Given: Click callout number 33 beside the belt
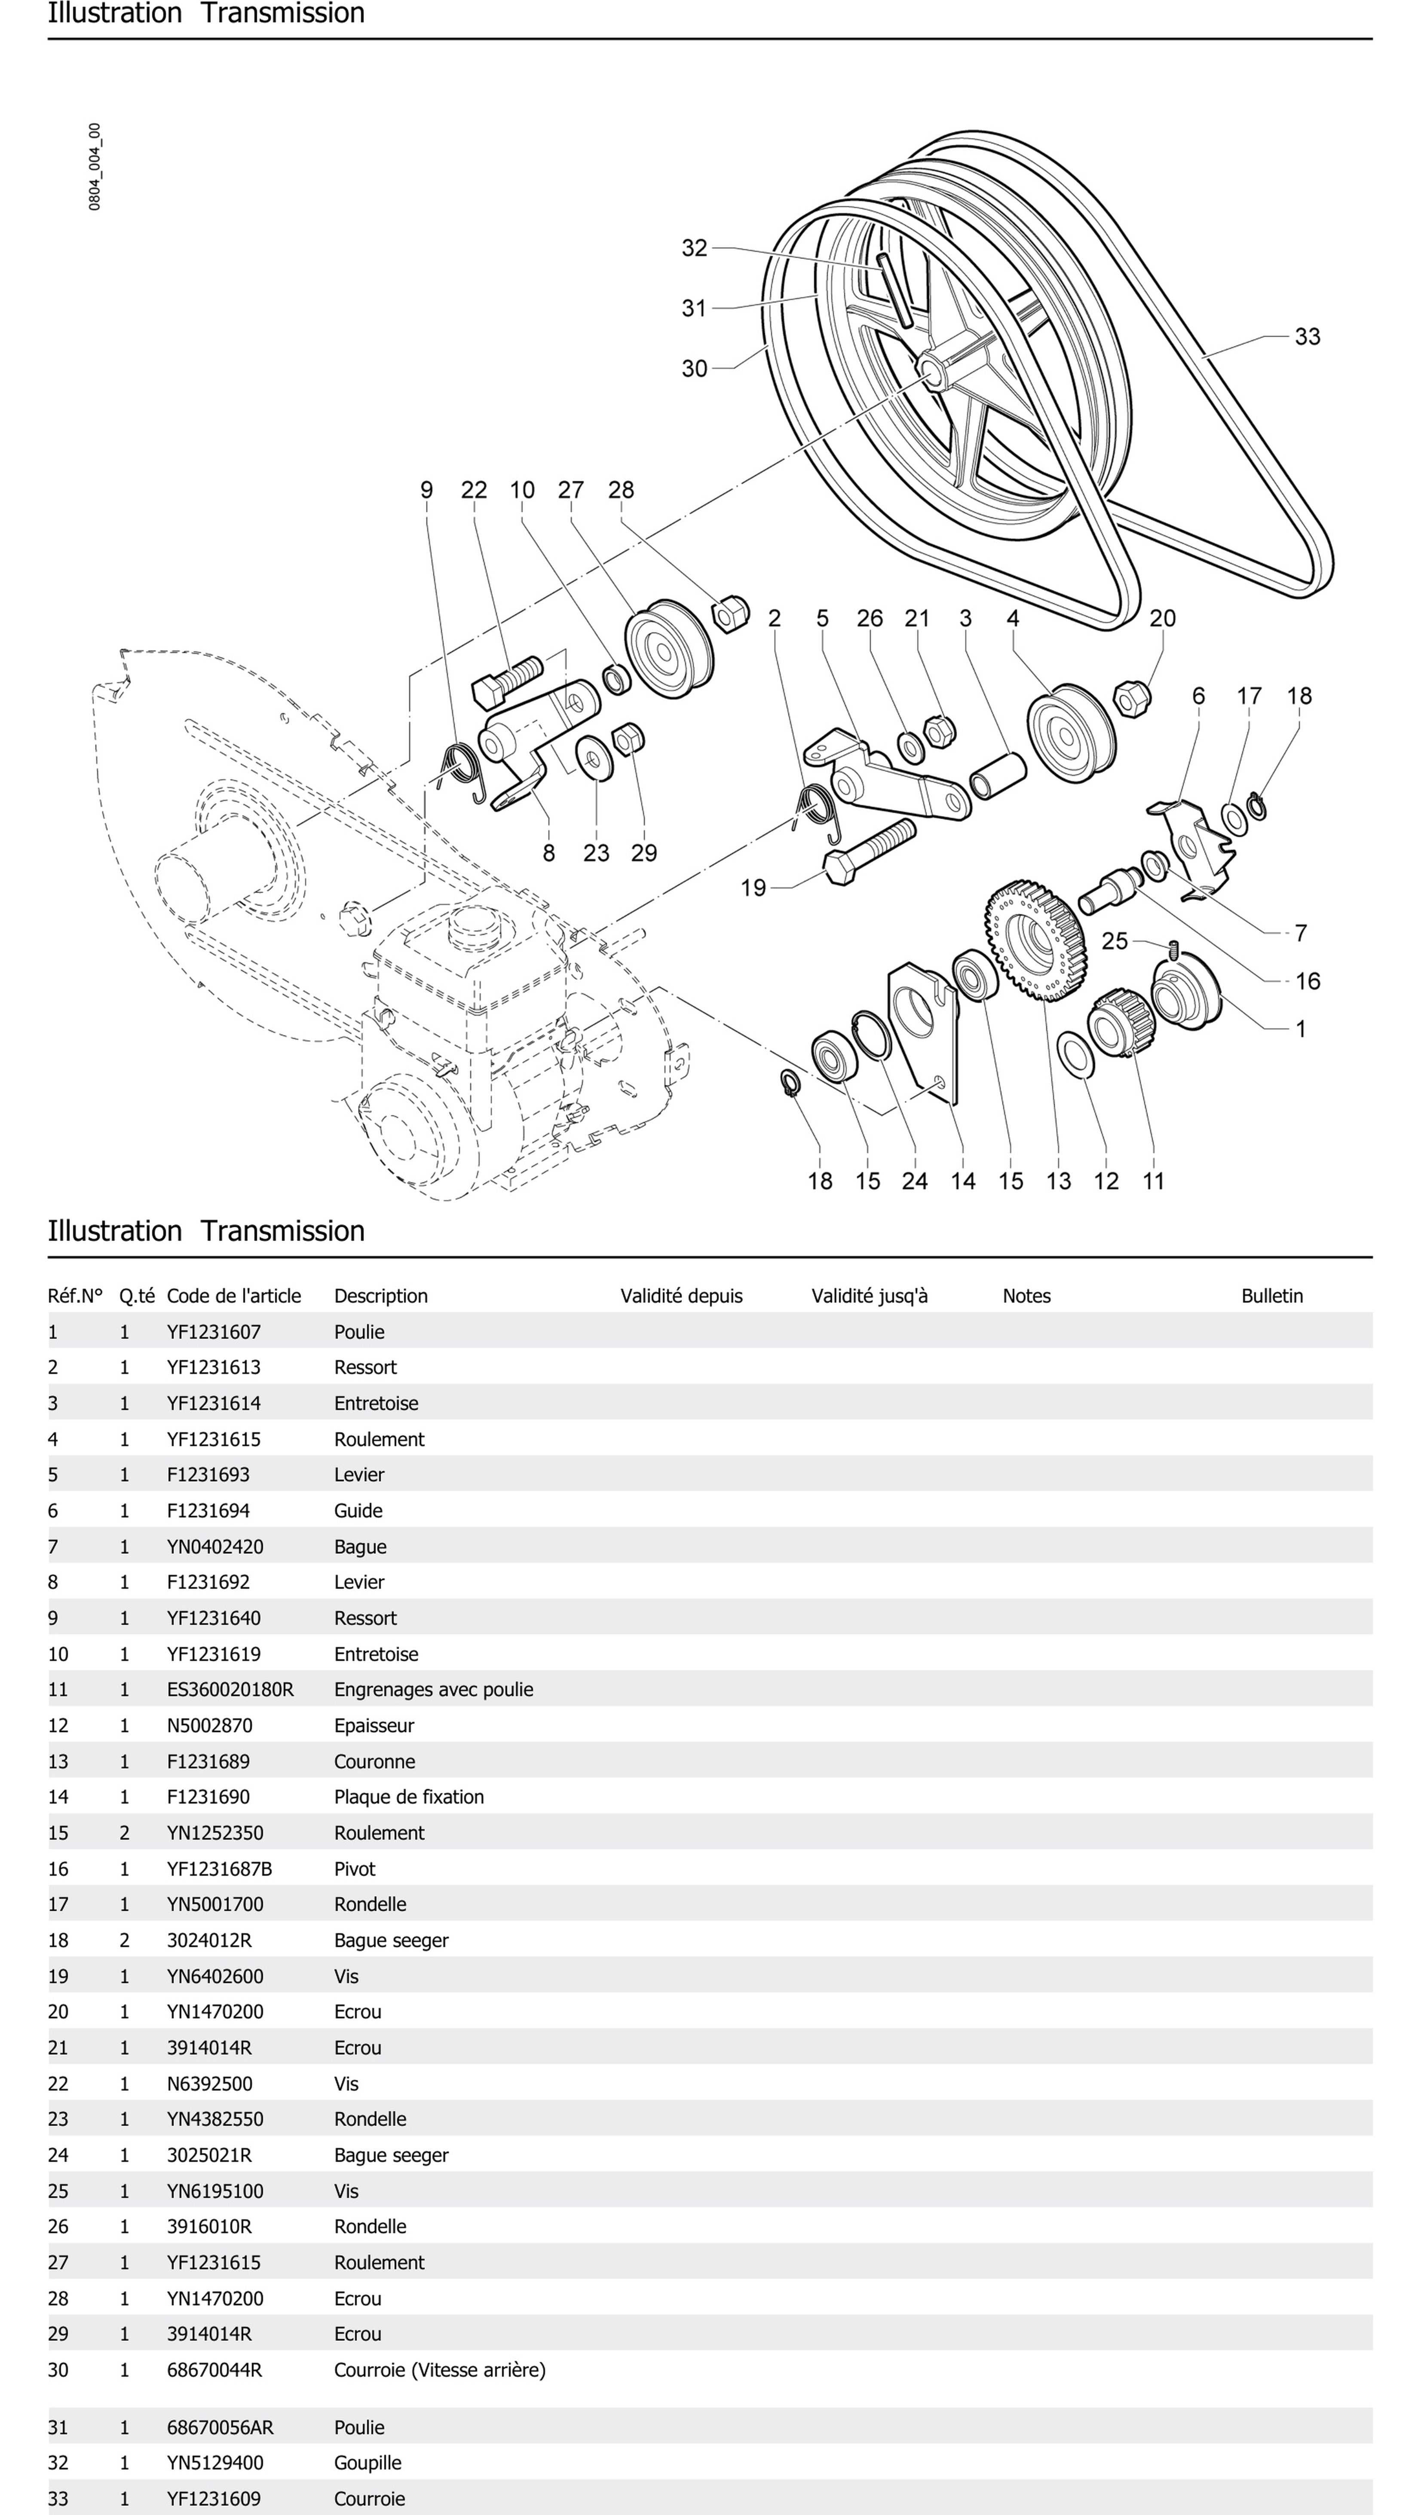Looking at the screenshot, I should coord(1307,337).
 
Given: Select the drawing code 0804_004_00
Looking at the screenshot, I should coord(95,167).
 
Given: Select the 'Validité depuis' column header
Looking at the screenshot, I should coord(681,1296).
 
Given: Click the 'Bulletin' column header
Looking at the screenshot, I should coord(1271,1296).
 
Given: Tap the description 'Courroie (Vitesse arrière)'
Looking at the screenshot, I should coord(439,2369).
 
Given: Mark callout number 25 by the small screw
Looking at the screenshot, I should coord(1115,941).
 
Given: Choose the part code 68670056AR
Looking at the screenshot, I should coord(220,2427).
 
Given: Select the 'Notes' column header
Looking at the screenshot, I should coord(1026,1296).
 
